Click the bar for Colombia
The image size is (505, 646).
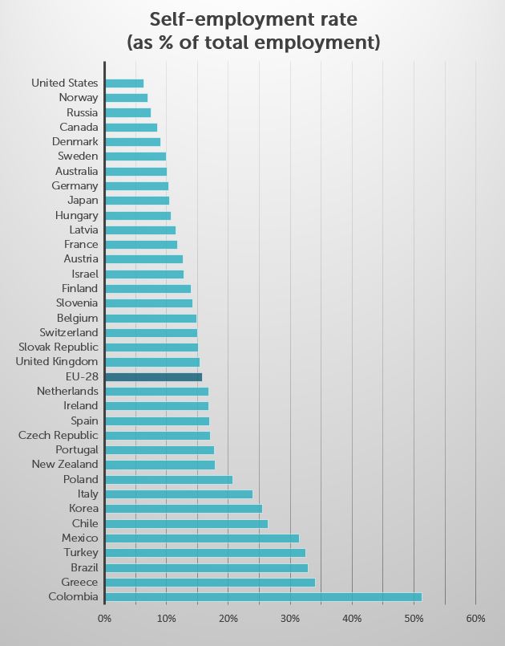[263, 596]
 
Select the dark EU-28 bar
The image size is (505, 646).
[153, 376]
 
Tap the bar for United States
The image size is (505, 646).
[124, 83]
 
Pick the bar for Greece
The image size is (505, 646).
[210, 582]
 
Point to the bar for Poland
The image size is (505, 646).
[168, 479]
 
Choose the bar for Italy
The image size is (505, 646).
[179, 494]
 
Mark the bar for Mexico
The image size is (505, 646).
[201, 538]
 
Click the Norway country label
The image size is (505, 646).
[79, 97]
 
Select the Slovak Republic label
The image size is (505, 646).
[59, 347]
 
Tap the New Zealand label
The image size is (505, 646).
[65, 464]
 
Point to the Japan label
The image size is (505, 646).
[83, 200]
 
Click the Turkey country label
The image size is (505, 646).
[80, 552]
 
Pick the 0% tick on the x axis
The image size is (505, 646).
[104, 619]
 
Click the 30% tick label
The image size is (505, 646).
[290, 619]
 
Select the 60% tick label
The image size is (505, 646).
[475, 619]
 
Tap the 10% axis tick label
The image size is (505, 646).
[166, 619]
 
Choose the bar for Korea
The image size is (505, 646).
[184, 508]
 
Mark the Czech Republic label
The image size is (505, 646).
[59, 435]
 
